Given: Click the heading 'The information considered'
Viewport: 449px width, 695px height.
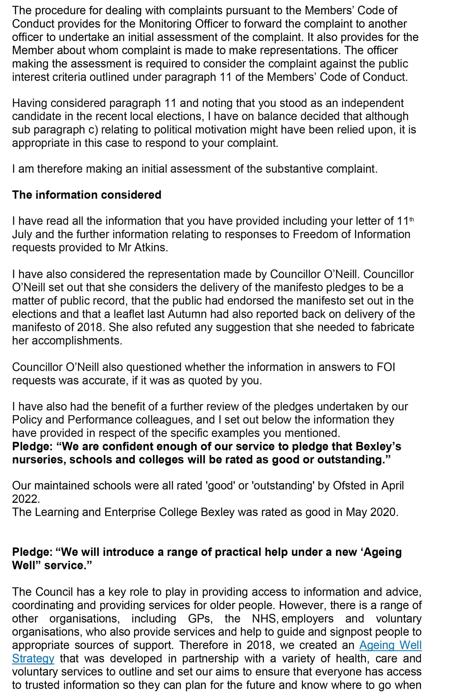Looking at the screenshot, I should (x=87, y=195).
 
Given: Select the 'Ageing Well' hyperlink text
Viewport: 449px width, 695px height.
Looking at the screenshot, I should (x=390, y=645).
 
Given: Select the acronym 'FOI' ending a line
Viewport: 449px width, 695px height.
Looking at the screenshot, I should (x=385, y=367).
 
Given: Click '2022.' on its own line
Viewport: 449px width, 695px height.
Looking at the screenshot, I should (x=26, y=499).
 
